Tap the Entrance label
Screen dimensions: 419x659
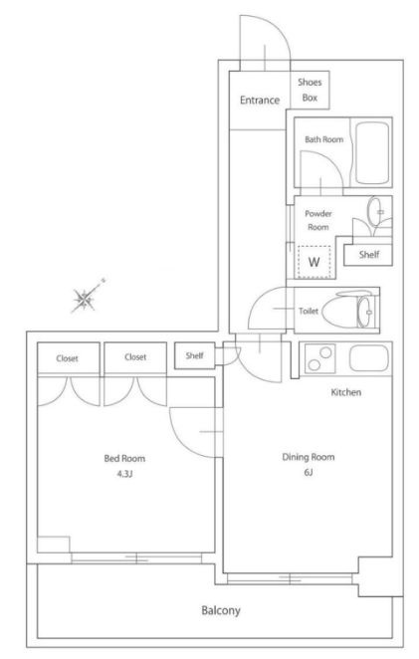point(260,100)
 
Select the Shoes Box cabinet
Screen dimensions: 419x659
point(310,90)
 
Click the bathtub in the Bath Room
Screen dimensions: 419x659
point(372,152)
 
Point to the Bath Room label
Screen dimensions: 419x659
point(324,139)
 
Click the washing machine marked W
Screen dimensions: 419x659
point(314,262)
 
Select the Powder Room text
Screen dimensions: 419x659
point(318,220)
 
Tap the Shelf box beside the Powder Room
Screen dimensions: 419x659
point(368,255)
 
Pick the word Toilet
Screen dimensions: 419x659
point(309,311)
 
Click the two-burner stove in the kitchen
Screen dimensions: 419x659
point(319,358)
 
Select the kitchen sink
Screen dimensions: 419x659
point(368,358)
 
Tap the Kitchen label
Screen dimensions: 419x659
point(346,392)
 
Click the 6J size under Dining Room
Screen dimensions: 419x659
point(309,472)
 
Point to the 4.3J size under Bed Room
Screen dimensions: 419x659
point(124,474)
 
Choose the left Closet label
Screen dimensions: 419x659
point(68,358)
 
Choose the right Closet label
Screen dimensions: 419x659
point(135,357)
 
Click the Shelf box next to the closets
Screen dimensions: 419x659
point(195,356)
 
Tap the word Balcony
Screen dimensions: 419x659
point(221,610)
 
